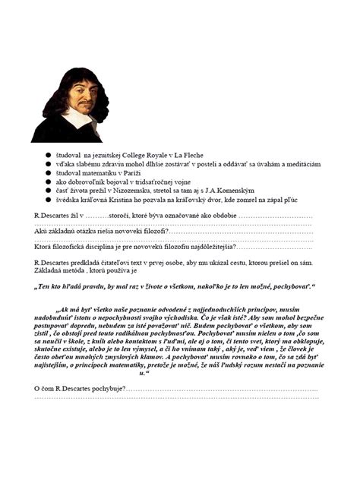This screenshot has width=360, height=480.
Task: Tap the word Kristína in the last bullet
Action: tap(122, 200)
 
